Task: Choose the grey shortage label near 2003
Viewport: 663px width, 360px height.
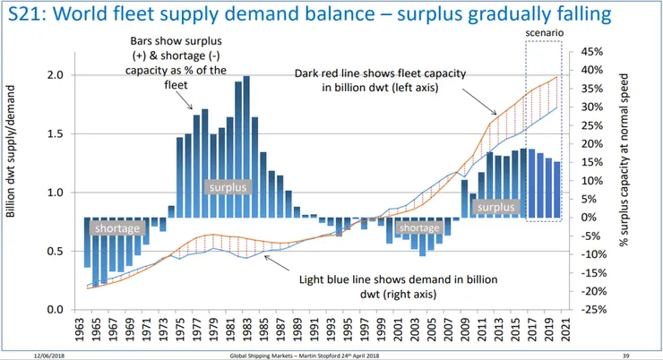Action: click(418, 227)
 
